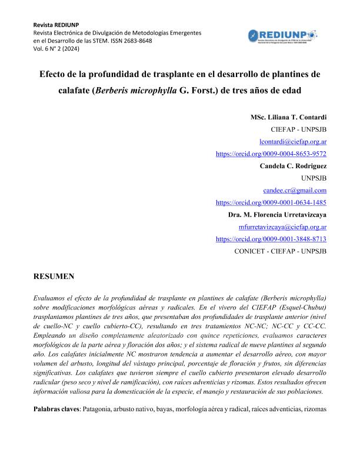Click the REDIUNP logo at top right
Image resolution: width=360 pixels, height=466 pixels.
(282, 36)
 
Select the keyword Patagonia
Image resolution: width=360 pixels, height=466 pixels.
(100, 408)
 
